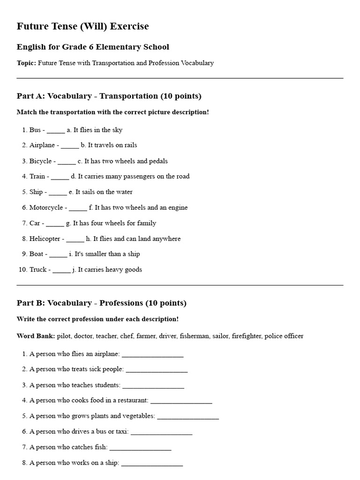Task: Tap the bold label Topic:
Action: (26, 63)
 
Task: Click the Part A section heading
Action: (109, 96)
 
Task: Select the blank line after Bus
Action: (56, 130)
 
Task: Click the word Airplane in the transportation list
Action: (43, 145)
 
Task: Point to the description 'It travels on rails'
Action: (112, 145)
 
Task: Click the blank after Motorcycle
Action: (78, 208)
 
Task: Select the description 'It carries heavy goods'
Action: (110, 270)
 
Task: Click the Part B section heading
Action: (101, 303)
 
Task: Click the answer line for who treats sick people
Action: (157, 370)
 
